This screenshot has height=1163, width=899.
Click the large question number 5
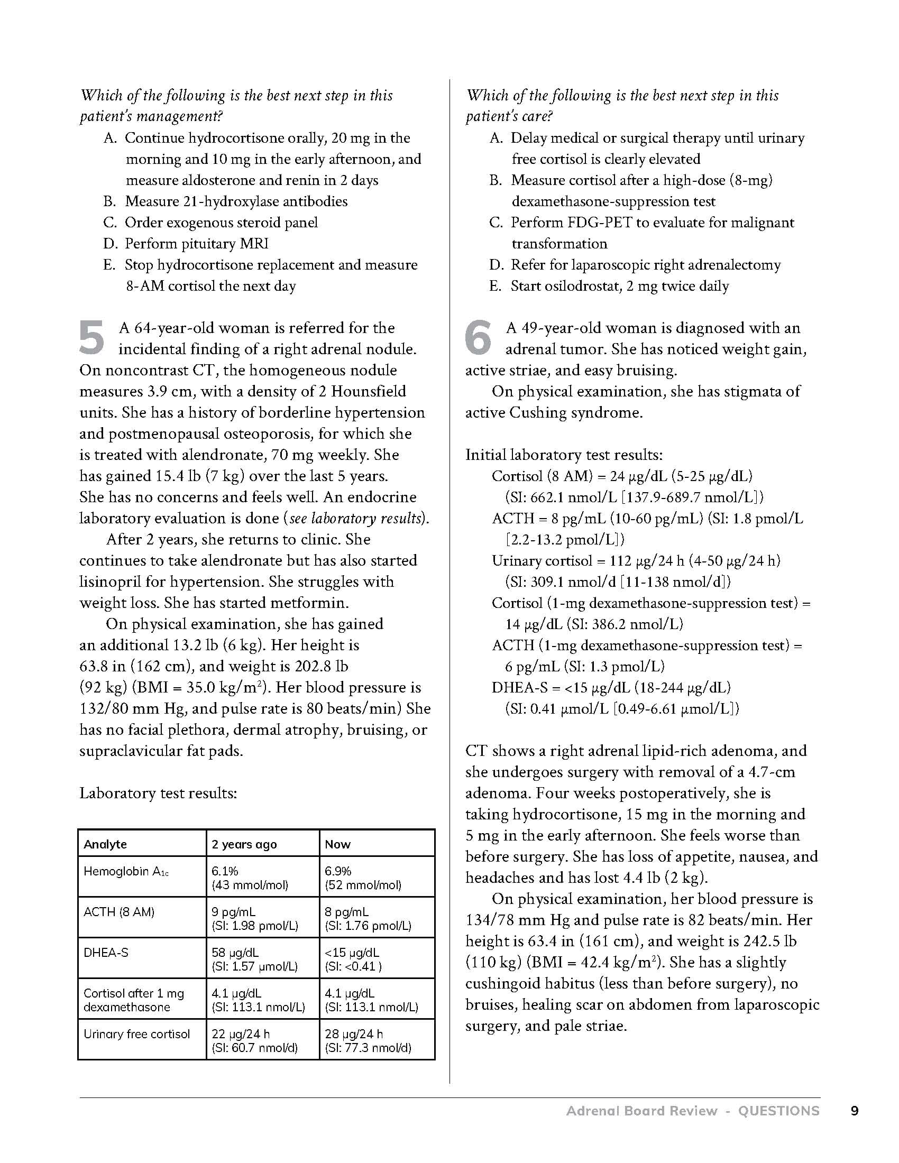91,337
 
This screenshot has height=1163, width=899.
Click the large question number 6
478,337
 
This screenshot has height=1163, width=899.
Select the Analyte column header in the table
105,844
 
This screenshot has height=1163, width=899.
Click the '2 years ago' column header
244,844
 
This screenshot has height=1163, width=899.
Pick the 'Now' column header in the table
338,844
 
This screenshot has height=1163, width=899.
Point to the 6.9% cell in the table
338,872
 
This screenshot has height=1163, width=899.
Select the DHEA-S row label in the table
106,953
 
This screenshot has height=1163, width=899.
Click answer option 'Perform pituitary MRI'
197,243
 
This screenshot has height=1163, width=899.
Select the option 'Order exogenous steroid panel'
221,222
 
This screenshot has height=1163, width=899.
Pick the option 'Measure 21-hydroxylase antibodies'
236,201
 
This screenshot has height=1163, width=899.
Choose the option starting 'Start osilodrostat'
619,286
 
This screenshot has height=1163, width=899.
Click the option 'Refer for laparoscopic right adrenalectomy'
646,265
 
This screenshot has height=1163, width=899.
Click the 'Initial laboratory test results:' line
564,455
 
